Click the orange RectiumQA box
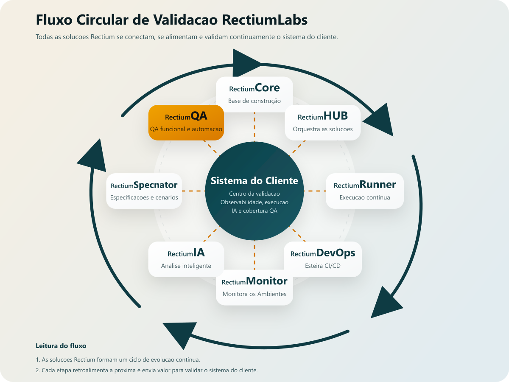click(x=186, y=122)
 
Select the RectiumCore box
click(x=255, y=94)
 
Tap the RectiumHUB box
click(x=322, y=122)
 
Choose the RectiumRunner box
click(x=365, y=191)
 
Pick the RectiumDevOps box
click(x=322, y=259)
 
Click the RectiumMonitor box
click(x=255, y=287)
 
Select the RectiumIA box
click(x=186, y=259)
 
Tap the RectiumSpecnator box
click(x=144, y=191)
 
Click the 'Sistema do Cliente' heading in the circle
click(x=255, y=181)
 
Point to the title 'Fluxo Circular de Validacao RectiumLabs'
click(x=171, y=20)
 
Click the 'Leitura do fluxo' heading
click(x=61, y=346)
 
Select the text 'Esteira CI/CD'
click(x=322, y=266)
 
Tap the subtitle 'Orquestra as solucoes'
click(x=322, y=129)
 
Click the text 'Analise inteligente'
click(x=186, y=266)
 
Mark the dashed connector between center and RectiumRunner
click(x=314, y=191)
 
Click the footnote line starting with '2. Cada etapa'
click(x=147, y=370)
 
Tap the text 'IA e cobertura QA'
click(x=255, y=211)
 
